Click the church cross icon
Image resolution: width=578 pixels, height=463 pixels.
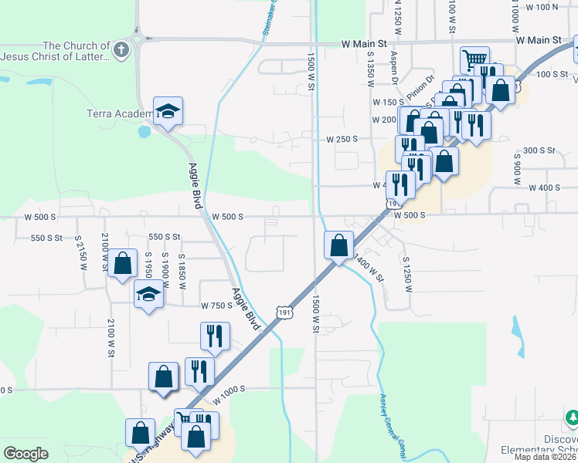(120, 51)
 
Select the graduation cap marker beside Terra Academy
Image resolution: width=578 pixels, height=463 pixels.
(167, 112)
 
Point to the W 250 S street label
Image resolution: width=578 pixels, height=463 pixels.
(342, 139)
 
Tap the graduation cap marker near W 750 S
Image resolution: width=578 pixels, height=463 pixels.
(148, 295)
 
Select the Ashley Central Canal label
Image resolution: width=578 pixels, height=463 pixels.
(393, 421)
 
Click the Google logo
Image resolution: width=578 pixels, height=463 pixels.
(25, 454)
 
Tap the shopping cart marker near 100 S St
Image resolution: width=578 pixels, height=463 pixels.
(474, 59)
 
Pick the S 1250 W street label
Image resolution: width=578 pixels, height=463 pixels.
(406, 275)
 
